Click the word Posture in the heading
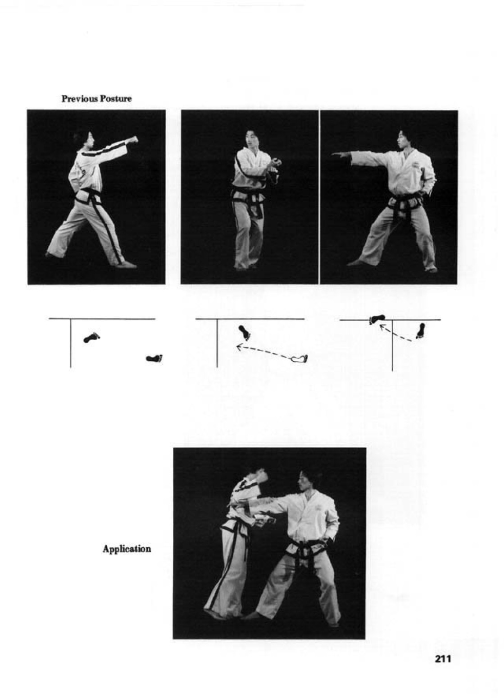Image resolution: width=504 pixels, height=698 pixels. [x=114, y=99]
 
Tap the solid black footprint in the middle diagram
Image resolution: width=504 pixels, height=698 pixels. [x=245, y=332]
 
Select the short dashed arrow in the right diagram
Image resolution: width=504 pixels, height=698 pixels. [x=395, y=332]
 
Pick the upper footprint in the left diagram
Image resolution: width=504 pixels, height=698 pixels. [x=92, y=337]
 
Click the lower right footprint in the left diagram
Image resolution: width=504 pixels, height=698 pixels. [x=155, y=358]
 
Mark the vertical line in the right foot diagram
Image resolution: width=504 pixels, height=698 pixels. [x=392, y=345]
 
